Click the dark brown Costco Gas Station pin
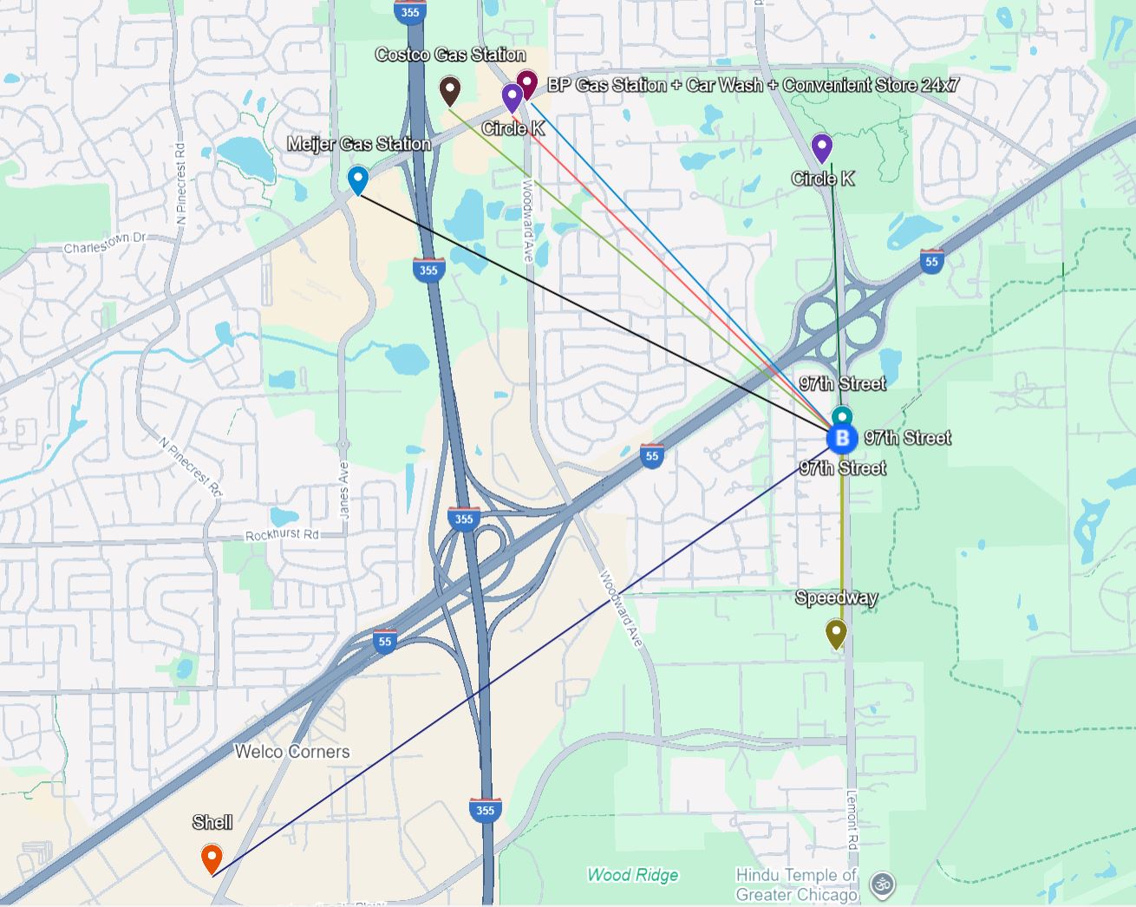click(449, 89)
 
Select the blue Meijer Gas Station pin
click(357, 179)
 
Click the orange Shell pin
click(212, 858)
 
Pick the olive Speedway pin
click(836, 633)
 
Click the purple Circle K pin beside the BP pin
click(512, 97)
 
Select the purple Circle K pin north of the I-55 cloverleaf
click(821, 147)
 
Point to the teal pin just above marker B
click(842, 417)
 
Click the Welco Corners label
click(292, 752)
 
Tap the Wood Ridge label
click(633, 875)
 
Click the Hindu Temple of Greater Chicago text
click(796, 884)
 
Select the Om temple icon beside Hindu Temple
click(883, 885)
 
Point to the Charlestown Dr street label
click(105, 243)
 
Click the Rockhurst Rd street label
click(282, 535)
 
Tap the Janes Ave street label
click(344, 491)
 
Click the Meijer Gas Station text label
click(359, 144)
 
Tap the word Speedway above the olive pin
click(836, 597)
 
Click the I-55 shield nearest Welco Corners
click(385, 642)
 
